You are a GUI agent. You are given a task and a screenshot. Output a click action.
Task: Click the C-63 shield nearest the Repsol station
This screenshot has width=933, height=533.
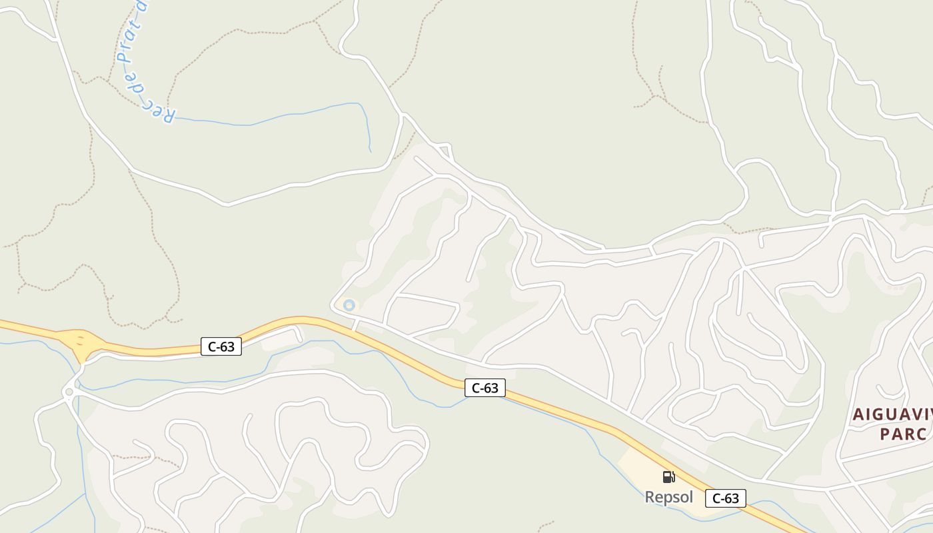click(725, 498)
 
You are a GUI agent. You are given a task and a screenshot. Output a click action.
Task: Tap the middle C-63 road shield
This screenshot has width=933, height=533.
click(484, 388)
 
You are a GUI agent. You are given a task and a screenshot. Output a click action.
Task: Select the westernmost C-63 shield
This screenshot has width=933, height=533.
click(221, 346)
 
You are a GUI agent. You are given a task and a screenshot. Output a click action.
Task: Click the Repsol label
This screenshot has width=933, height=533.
click(668, 497)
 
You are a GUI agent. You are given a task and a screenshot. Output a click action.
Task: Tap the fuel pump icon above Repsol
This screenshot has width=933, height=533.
click(668, 476)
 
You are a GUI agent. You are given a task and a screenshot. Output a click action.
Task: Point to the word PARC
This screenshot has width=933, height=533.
click(903, 434)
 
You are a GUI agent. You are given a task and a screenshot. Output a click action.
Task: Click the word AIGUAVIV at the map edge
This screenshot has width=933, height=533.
click(892, 414)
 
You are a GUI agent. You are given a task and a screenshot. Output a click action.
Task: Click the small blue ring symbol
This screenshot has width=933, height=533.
click(348, 305)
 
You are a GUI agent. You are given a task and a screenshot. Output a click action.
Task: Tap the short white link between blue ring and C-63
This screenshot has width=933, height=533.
click(356, 324)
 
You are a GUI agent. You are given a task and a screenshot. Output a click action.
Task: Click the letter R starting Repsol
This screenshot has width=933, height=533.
click(649, 497)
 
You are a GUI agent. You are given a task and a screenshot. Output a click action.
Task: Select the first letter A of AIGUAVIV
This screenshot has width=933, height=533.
click(858, 414)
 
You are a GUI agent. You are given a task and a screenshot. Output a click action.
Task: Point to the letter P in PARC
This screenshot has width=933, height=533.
click(884, 434)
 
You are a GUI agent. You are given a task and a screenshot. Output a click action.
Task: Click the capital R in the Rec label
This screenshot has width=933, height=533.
click(169, 119)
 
